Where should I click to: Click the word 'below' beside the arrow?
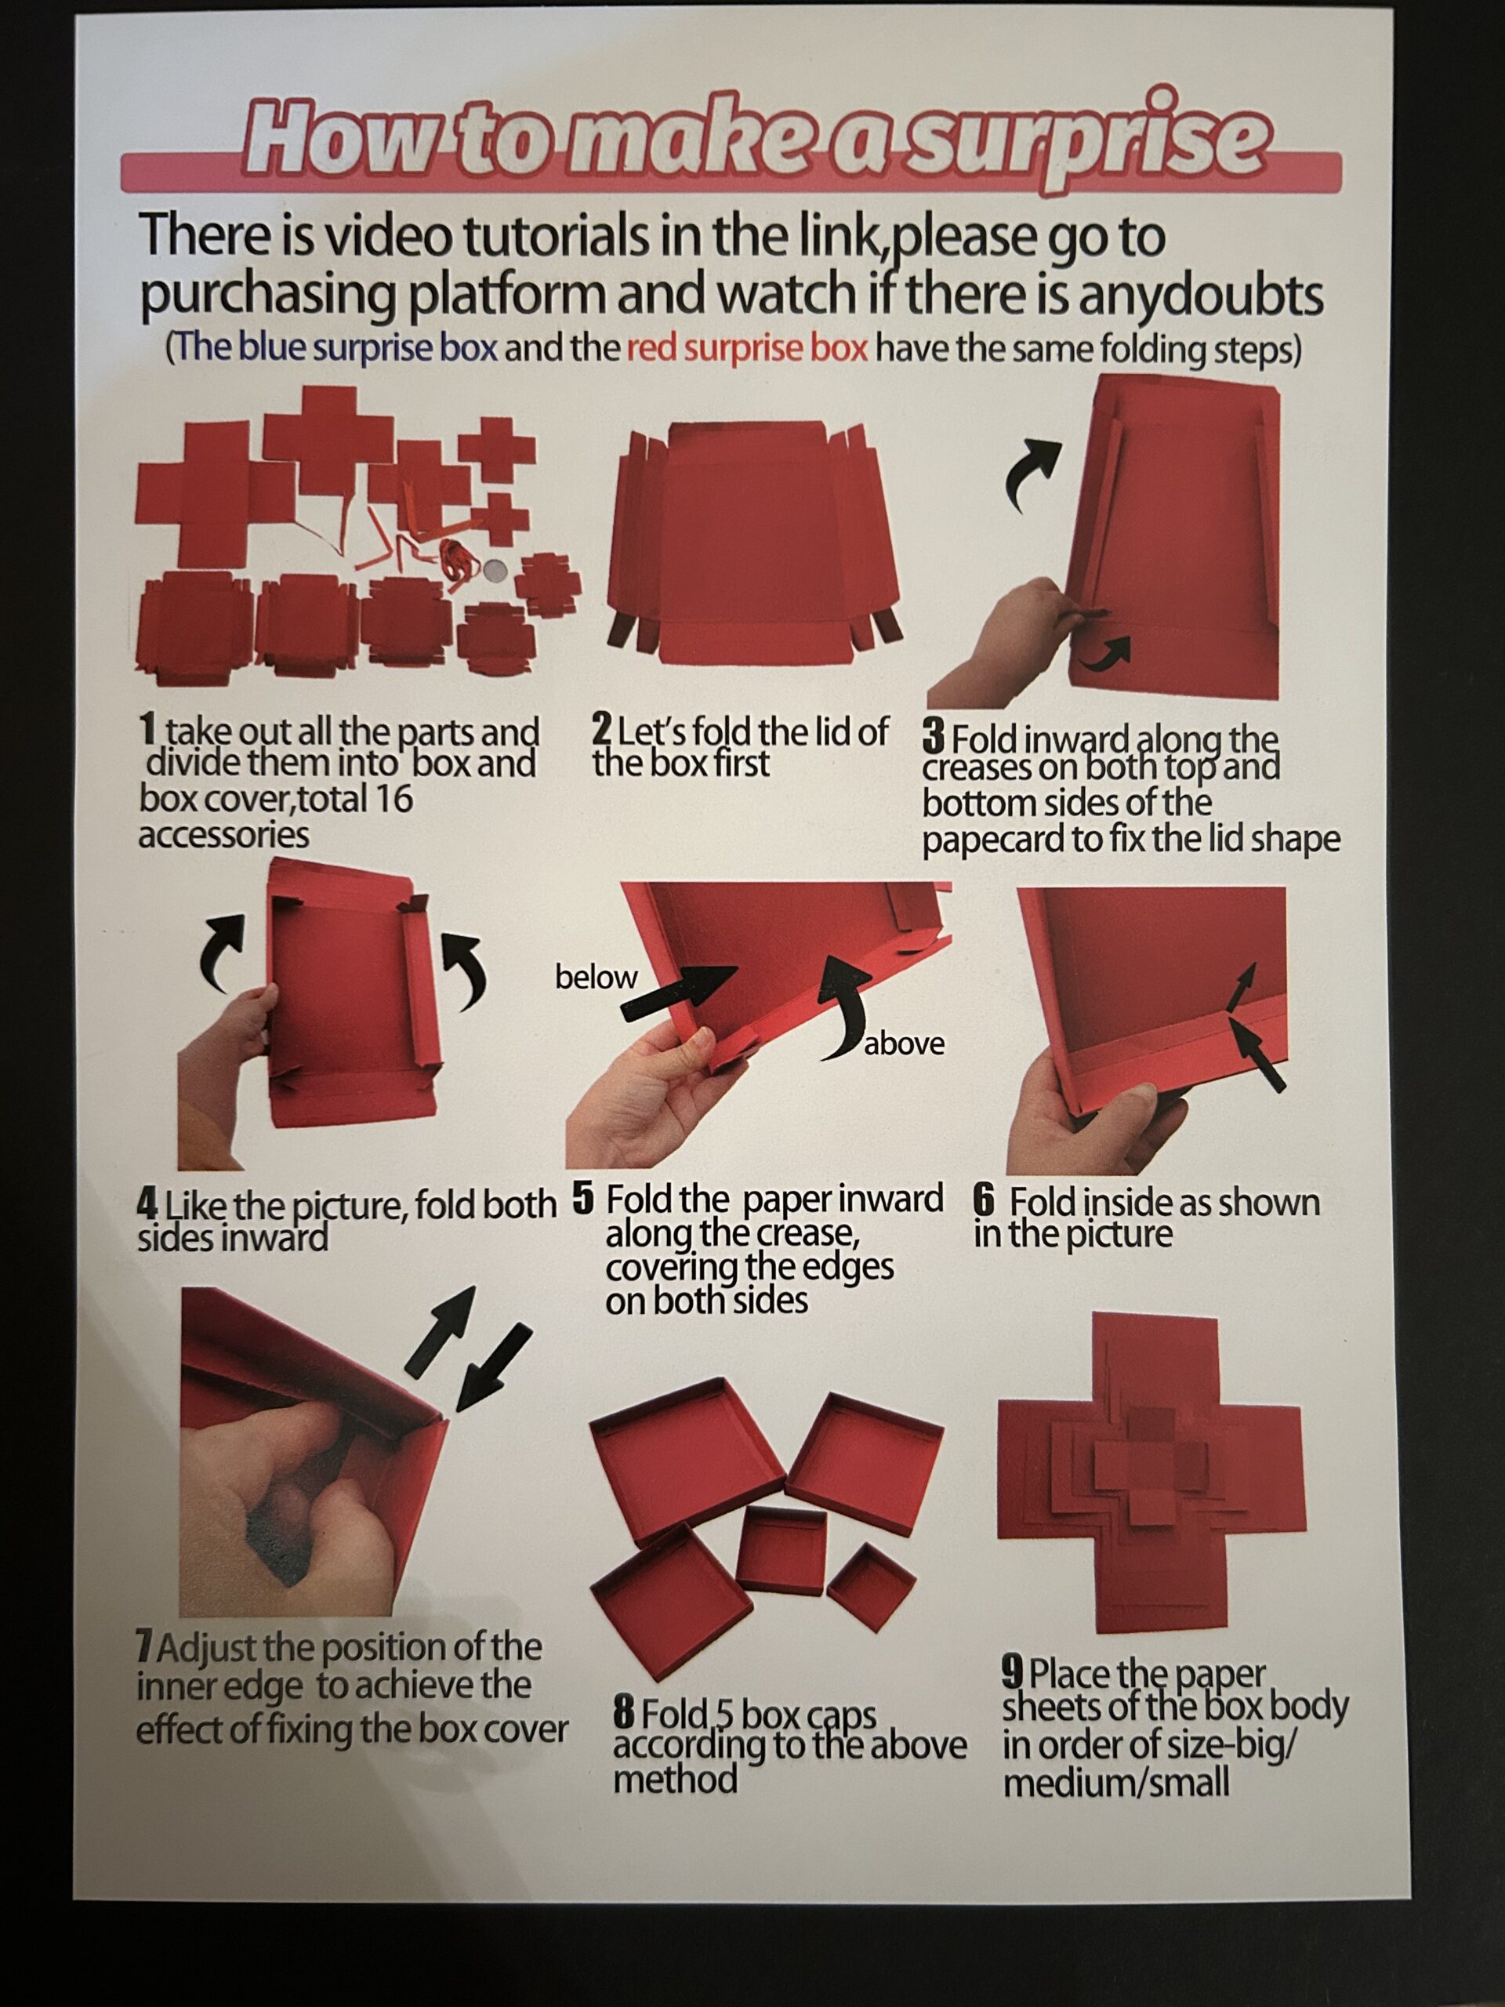point(596,977)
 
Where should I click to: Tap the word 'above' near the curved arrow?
point(905,1044)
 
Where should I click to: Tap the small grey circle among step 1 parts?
point(495,571)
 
